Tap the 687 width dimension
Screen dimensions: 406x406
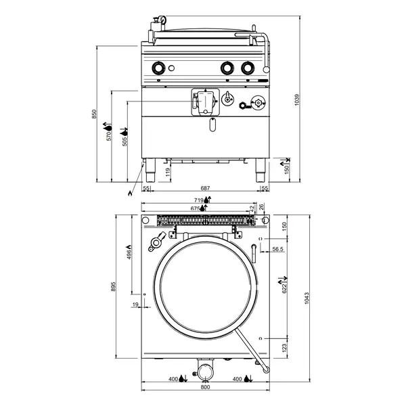pyautogui.click(x=205, y=187)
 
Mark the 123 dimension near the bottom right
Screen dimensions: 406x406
pyautogui.click(x=285, y=347)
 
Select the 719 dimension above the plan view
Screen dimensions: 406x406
pyautogui.click(x=199, y=200)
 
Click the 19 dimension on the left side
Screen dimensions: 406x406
pyautogui.click(x=135, y=306)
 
